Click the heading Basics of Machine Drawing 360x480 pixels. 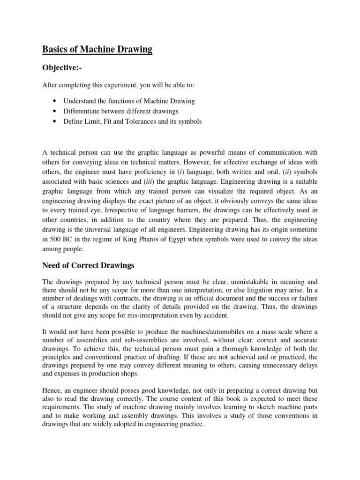(97, 49)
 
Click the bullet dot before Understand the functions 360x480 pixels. (56, 101)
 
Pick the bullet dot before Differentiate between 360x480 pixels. (56, 111)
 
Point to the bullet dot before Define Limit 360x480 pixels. (56, 121)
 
